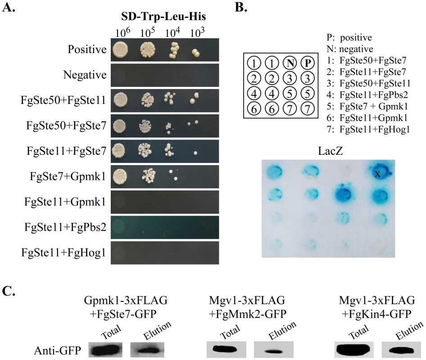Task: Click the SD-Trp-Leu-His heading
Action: (x=163, y=16)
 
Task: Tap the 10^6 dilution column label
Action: (x=122, y=32)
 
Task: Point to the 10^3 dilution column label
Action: (x=197, y=32)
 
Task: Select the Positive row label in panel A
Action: (x=87, y=49)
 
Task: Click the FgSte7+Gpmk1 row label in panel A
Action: (x=68, y=176)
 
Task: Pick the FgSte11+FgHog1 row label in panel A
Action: (x=63, y=252)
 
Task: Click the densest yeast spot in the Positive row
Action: (x=120, y=49)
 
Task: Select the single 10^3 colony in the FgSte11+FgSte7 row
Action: (x=195, y=153)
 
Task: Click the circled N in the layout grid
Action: (x=290, y=63)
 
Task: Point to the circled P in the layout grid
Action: (x=308, y=63)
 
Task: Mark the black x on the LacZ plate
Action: (x=378, y=174)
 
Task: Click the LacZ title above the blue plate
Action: (x=331, y=150)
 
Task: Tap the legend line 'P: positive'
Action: (x=349, y=37)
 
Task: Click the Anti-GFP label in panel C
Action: (x=58, y=351)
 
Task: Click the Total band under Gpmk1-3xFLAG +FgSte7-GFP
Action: (x=106, y=350)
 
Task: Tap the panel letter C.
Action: (x=8, y=291)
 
